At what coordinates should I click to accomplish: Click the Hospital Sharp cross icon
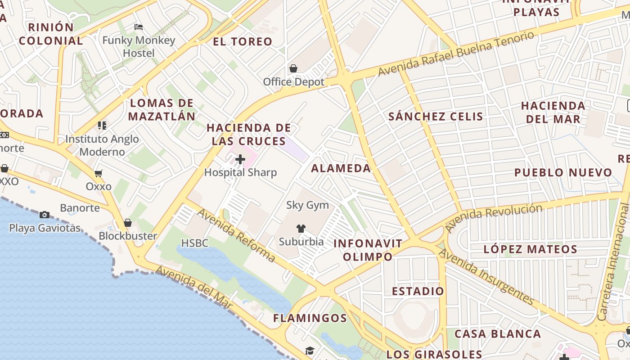(x=240, y=159)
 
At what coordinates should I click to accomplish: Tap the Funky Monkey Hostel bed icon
(x=139, y=27)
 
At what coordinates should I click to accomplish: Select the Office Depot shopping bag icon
(x=293, y=68)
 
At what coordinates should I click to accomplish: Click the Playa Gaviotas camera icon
(x=45, y=215)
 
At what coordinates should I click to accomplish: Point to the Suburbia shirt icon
(x=301, y=229)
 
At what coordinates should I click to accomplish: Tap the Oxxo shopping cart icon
(x=99, y=173)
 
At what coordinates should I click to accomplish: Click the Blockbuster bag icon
(x=128, y=223)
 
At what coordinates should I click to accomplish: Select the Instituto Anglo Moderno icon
(x=102, y=125)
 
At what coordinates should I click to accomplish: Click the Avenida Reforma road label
(x=236, y=235)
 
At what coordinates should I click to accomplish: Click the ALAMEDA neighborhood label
(x=341, y=168)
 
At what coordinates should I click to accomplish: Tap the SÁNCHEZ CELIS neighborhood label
(x=436, y=117)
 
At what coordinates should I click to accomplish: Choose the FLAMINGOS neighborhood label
(x=310, y=318)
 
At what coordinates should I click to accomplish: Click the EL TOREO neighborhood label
(x=243, y=42)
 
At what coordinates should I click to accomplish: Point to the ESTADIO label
(x=418, y=291)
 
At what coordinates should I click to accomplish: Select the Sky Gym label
(x=307, y=205)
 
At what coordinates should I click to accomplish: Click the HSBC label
(x=195, y=243)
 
